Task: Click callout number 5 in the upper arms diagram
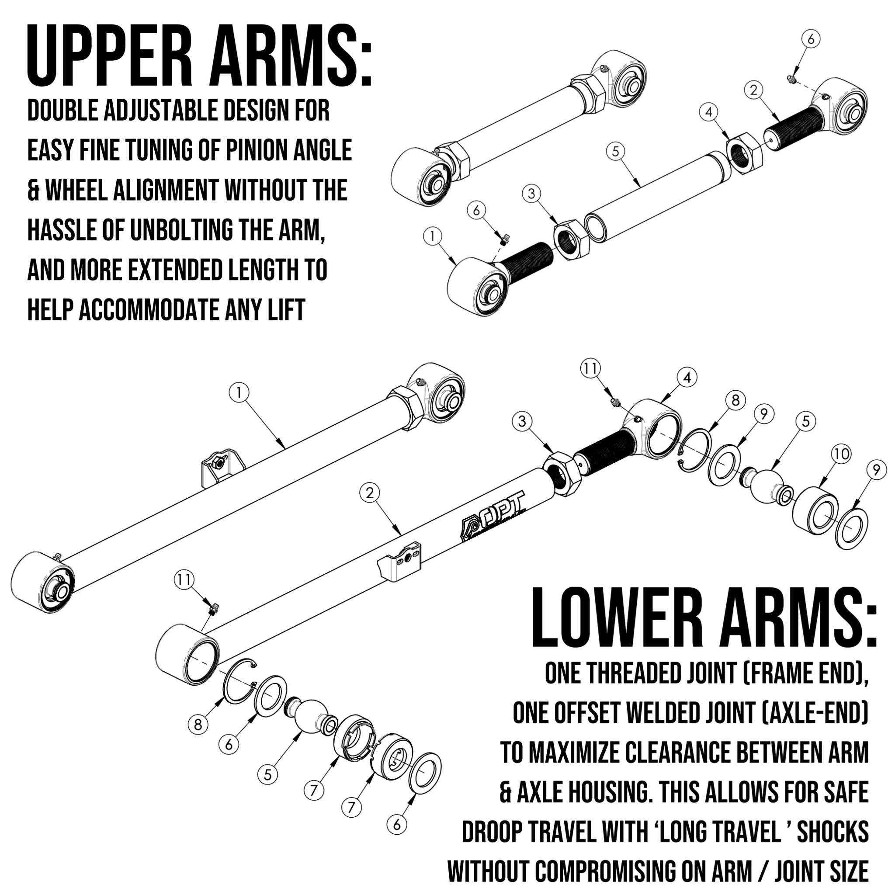(615, 152)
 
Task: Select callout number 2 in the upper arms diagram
(754, 90)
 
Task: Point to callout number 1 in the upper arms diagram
(433, 237)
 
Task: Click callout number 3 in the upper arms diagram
(531, 194)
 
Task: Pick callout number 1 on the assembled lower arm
(239, 393)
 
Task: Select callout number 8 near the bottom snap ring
(198, 724)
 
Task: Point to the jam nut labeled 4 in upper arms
(744, 153)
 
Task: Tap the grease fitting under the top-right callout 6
(792, 80)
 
